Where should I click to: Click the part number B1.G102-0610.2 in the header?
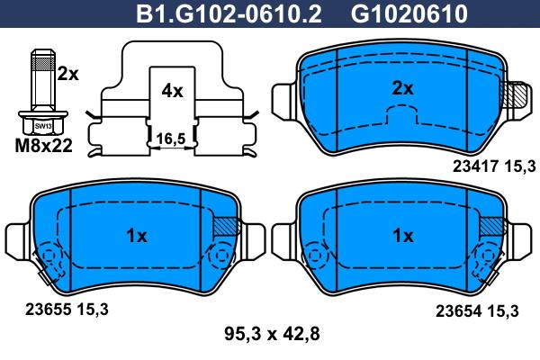click(229, 13)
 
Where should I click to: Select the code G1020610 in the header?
click(409, 13)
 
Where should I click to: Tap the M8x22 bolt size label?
click(44, 146)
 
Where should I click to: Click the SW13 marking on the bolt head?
click(43, 126)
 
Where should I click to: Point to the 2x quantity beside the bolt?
click(67, 74)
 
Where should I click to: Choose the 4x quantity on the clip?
click(172, 91)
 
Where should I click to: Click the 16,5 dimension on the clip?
click(171, 139)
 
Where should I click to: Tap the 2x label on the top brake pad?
click(402, 89)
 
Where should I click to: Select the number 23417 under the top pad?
click(475, 166)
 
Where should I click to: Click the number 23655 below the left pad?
click(48, 310)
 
